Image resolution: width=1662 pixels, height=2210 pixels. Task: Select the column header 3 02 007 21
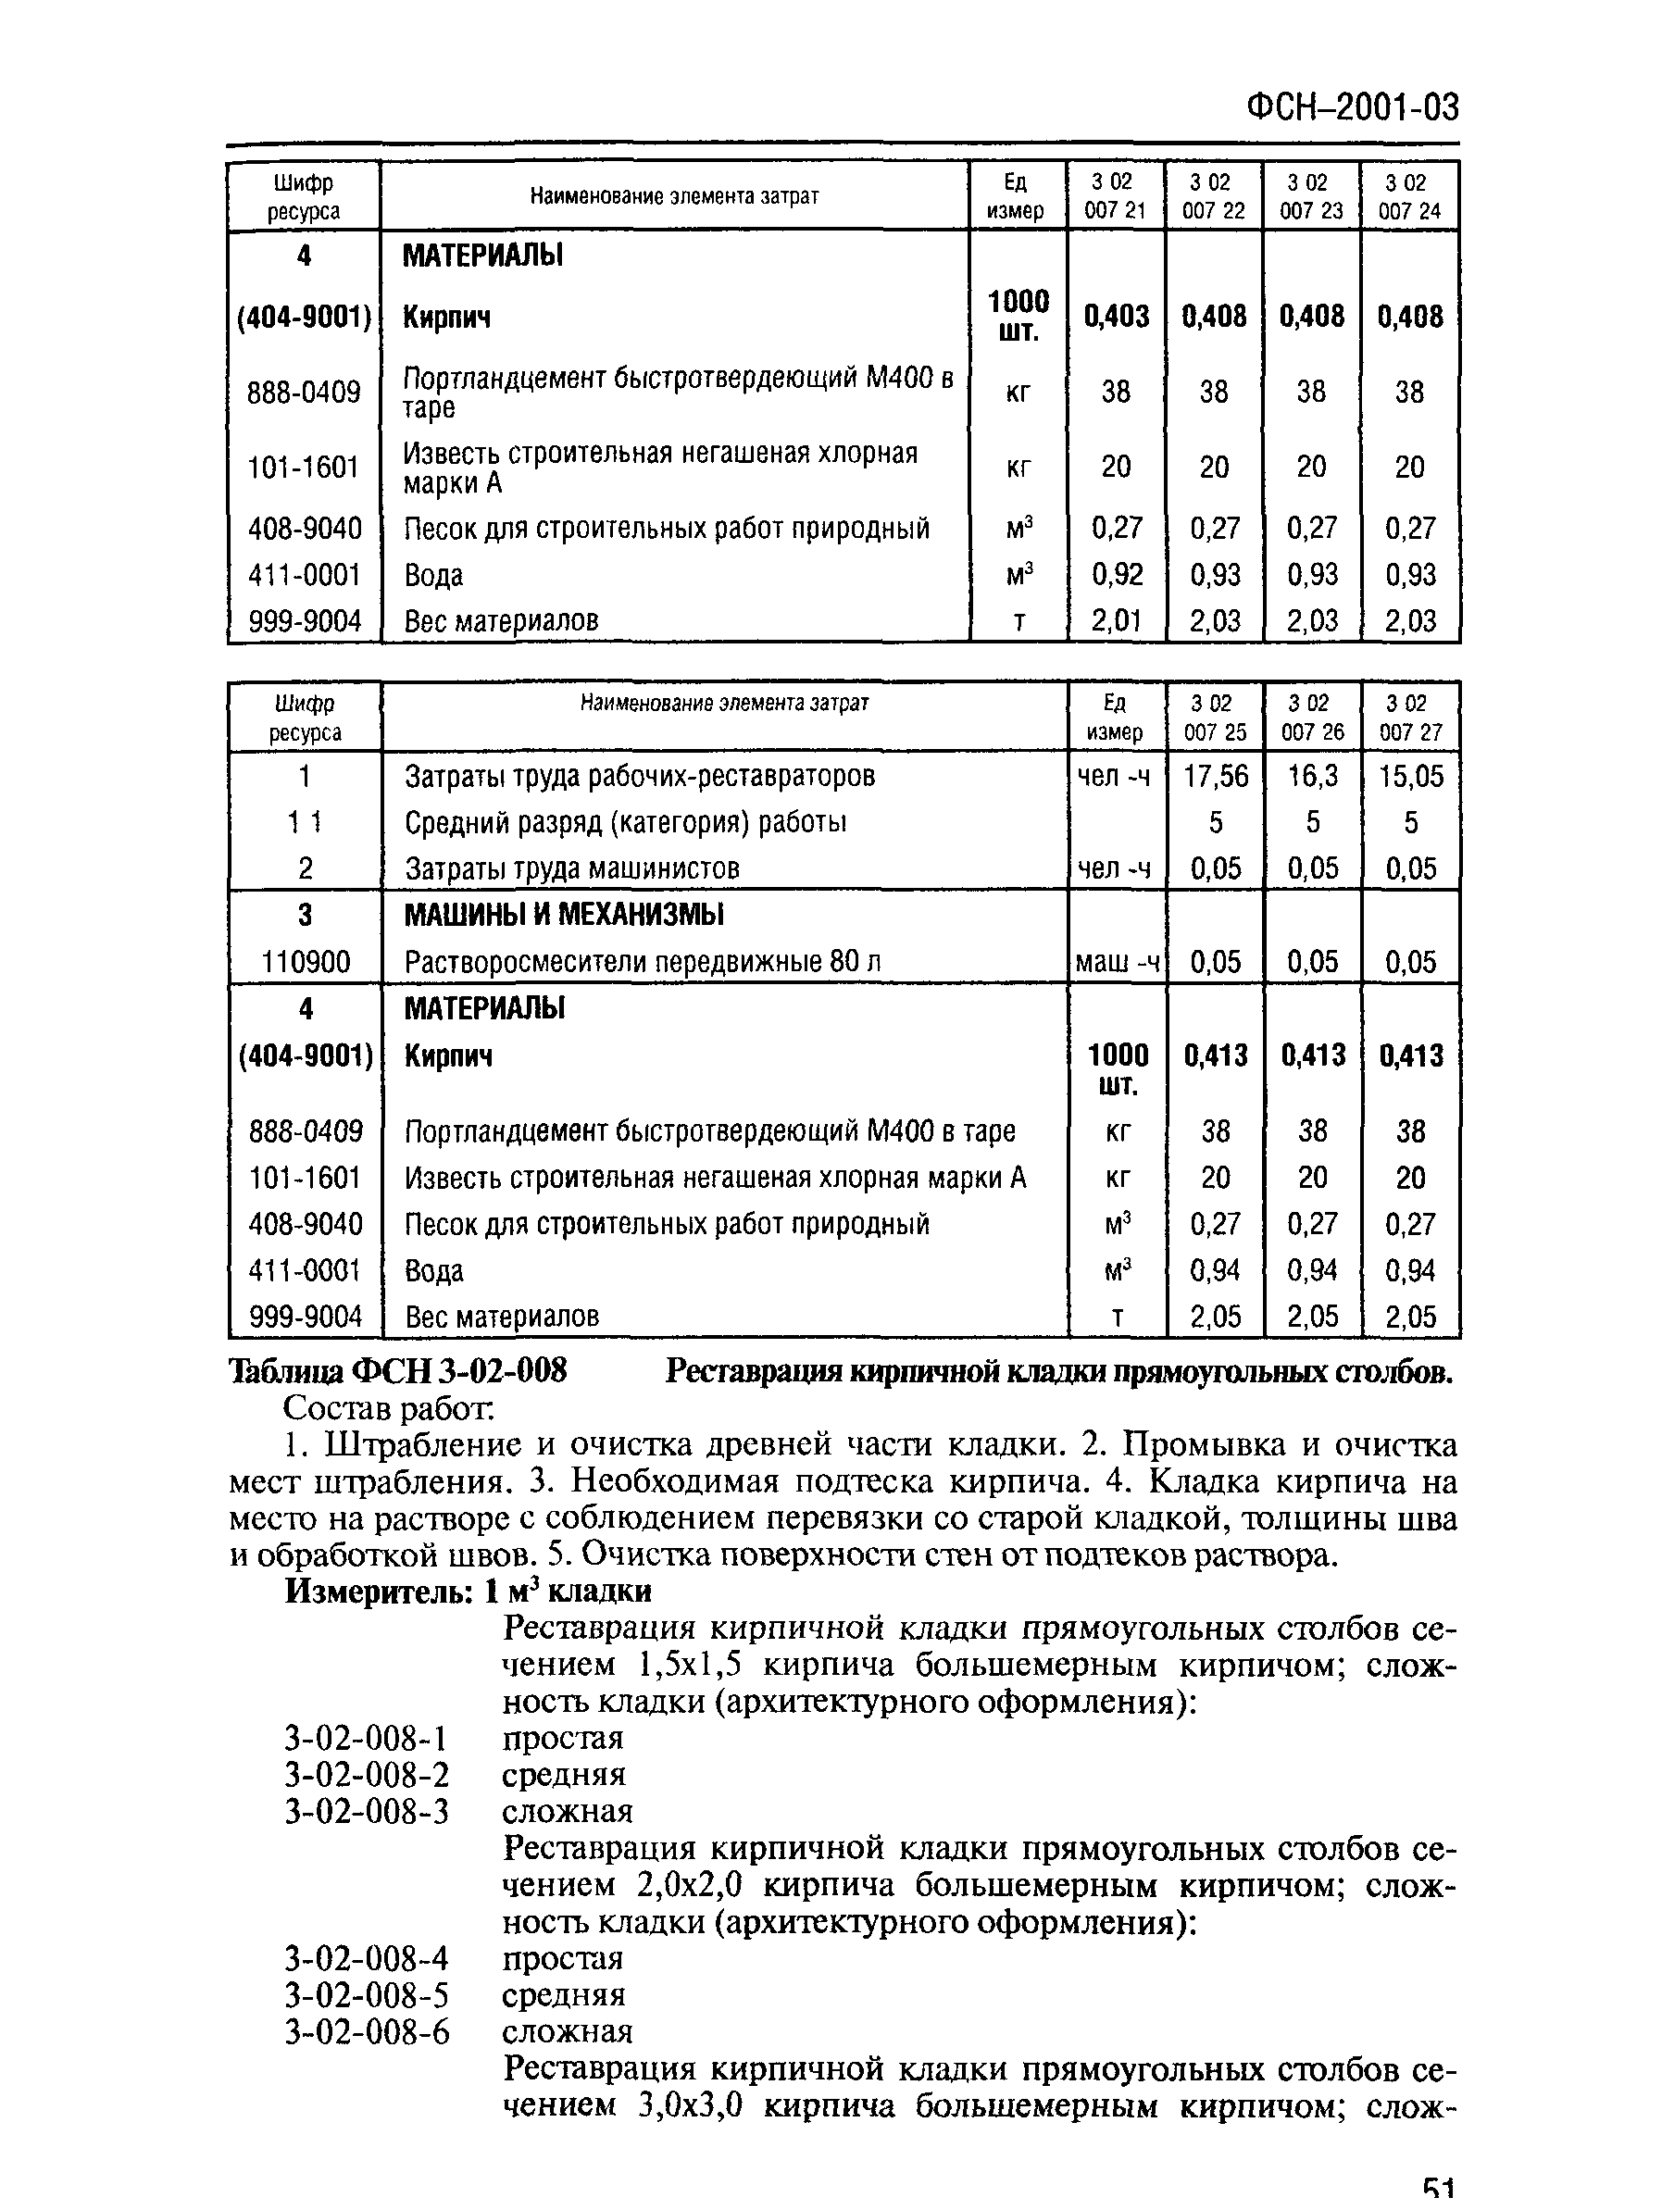pos(1115,196)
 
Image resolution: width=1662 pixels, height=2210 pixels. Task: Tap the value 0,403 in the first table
pos(1116,317)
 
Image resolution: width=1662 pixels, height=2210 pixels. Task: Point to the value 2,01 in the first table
pos(1116,620)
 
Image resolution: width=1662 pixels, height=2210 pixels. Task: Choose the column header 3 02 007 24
pos(1409,196)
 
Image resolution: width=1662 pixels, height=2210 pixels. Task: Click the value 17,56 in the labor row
pos(1216,776)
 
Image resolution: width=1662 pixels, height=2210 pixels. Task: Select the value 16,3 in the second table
pos(1312,776)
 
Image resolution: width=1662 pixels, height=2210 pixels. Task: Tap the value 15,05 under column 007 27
pos(1410,776)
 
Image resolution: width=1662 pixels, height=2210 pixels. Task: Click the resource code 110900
pos(305,962)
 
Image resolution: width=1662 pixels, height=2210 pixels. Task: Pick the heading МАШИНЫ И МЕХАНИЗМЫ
pos(564,915)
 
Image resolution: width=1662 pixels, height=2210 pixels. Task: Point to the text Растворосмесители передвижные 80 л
pos(642,962)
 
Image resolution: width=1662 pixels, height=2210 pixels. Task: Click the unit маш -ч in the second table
pos(1117,962)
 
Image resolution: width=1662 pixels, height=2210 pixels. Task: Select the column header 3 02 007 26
pos(1312,718)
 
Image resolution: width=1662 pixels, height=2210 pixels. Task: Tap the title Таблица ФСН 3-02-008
pos(398,1371)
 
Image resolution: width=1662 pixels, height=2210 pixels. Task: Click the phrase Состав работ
pos(389,1409)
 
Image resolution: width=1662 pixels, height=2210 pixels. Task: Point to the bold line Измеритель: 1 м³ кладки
pos(468,1591)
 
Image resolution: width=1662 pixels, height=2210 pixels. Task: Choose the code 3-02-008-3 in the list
pos(366,1811)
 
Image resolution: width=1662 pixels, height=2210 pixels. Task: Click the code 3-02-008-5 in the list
pos(366,1995)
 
